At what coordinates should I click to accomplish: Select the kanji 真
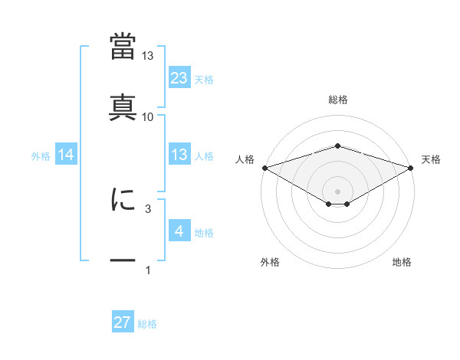[x=123, y=106]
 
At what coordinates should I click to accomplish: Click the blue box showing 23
[x=179, y=78]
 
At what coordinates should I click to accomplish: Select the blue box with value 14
[x=66, y=155]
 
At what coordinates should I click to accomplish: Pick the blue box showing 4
[x=179, y=231]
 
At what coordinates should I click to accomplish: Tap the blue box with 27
[x=123, y=322]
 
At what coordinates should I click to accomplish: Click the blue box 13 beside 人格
[x=179, y=155]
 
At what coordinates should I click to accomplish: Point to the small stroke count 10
[x=148, y=116]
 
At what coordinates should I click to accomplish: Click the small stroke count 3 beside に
[x=148, y=208]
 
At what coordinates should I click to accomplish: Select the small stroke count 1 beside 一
[x=148, y=270]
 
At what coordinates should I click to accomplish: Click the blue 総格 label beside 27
[x=147, y=324]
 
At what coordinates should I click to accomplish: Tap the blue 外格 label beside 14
[x=41, y=156]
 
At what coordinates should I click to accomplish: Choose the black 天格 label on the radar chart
[x=432, y=159]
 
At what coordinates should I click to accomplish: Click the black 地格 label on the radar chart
[x=402, y=263]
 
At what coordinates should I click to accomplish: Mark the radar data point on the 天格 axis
[x=411, y=167]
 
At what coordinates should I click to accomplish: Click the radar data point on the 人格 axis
[x=264, y=167]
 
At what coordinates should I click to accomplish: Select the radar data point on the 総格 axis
[x=337, y=146]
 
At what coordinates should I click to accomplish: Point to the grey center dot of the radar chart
[x=337, y=191]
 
